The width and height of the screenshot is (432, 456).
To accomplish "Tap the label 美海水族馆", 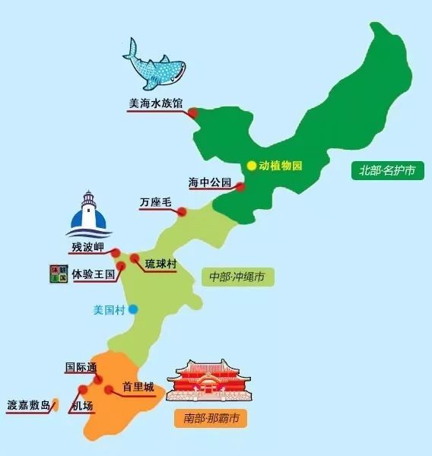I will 156,106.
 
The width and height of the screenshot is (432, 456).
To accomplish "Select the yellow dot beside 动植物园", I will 252,166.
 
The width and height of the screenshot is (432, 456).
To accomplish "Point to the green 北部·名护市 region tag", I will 388,170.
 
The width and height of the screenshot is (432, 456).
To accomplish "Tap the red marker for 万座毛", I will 182,212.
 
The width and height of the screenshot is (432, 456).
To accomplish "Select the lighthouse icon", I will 91,215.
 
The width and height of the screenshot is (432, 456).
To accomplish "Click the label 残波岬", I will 87,247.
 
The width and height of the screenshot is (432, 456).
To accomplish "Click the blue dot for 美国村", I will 133,309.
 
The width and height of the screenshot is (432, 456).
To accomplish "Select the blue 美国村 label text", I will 107,309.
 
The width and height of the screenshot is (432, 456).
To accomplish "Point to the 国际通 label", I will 81,368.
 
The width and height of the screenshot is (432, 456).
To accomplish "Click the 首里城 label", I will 138,387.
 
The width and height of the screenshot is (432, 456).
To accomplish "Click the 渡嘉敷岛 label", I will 29,404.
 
